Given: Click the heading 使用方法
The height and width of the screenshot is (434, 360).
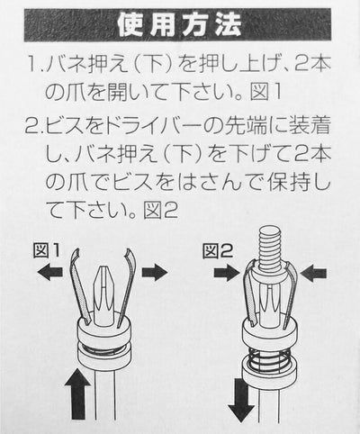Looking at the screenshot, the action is tap(179, 25).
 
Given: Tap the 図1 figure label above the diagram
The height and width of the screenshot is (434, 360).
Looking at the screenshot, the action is tap(47, 251).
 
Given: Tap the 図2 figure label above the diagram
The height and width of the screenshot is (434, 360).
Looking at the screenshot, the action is tap(218, 251).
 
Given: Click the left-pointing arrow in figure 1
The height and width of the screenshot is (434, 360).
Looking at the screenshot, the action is tap(50, 273).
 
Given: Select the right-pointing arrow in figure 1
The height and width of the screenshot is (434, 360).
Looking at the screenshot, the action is tap(155, 273).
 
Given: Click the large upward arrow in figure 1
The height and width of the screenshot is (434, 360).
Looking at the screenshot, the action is tap(77, 393).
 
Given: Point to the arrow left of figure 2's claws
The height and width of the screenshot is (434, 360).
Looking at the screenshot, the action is tap(228, 273).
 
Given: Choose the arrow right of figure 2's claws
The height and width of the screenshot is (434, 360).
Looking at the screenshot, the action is tap(313, 273).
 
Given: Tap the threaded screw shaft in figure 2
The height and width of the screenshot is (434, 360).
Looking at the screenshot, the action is tap(271, 249).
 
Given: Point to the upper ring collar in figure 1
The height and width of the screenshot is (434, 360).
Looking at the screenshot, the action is tap(103, 331).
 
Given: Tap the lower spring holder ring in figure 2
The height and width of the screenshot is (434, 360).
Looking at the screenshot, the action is tap(269, 374).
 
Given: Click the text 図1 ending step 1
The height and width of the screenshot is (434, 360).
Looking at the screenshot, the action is tap(266, 91).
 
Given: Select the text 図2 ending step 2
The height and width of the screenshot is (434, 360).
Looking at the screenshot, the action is tap(161, 210).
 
